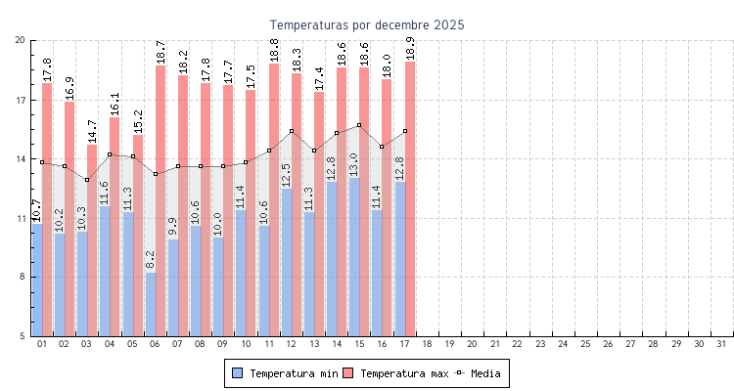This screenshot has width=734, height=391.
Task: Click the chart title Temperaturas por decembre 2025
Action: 367,24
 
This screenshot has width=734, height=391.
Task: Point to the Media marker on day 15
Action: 359,125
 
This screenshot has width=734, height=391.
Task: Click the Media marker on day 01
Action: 42,162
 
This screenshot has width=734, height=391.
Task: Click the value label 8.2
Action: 151,260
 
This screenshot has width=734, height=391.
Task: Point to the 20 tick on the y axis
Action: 21,40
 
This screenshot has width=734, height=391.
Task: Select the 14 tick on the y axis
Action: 21,158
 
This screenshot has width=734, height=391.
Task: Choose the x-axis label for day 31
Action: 722,344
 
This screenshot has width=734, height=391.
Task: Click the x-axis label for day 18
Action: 428,344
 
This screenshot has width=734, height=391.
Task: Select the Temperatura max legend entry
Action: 395,373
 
